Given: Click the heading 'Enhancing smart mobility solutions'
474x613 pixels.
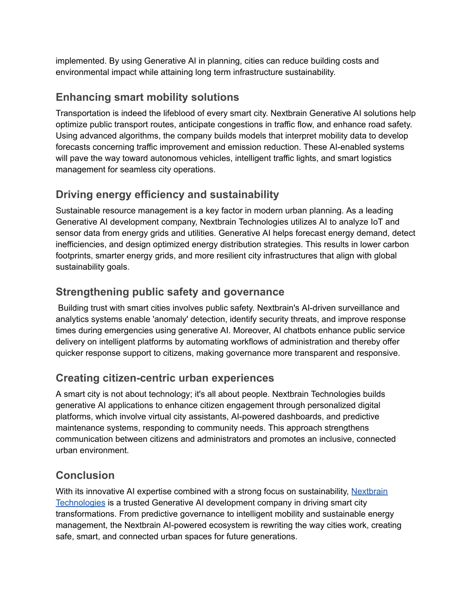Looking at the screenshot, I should tap(147, 97).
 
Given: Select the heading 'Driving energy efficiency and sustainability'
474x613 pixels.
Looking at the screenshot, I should tap(167, 195).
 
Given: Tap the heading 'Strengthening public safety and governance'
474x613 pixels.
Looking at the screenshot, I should tap(170, 292).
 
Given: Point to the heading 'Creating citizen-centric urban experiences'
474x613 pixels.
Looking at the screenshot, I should tap(165, 378).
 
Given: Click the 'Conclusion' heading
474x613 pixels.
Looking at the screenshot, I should tap(85, 476).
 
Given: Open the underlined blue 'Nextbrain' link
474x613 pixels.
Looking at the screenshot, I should tap(369, 491).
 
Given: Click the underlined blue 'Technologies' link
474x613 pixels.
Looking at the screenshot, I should tap(81, 503).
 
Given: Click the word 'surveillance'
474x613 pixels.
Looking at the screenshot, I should tap(359, 308).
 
